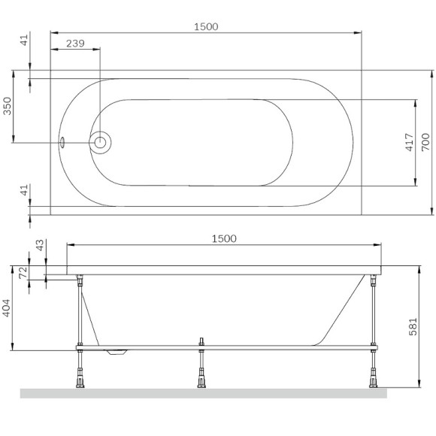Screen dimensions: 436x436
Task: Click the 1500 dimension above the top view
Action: (x=206, y=26)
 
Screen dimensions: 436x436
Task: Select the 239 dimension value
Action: (x=75, y=44)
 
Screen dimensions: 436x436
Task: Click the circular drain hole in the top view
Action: (x=100, y=141)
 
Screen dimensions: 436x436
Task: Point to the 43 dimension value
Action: (x=40, y=246)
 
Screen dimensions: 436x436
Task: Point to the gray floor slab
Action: (x=203, y=393)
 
